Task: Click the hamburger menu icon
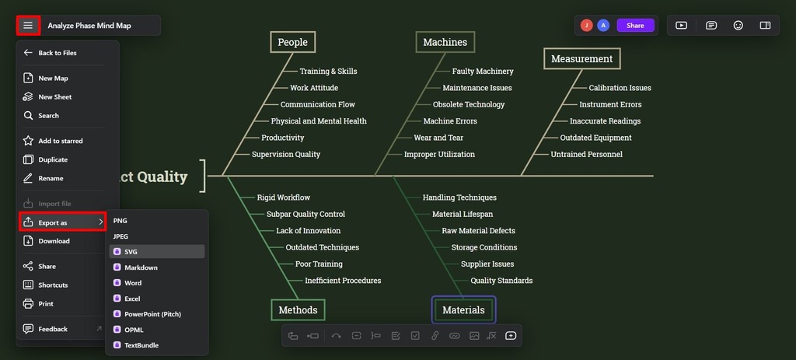[x=28, y=26]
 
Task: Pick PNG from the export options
[x=120, y=221]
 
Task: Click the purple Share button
[x=635, y=26]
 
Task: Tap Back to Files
[x=58, y=53]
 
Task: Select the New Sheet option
[x=55, y=97]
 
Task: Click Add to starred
[x=61, y=142]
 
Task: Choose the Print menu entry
[x=46, y=304]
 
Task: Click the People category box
[x=292, y=42]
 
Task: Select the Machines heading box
[x=445, y=42]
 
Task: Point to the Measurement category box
[x=581, y=59]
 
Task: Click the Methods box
[x=298, y=309]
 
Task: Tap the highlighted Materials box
[x=463, y=309]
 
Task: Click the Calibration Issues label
[x=620, y=88]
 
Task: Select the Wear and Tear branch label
[x=438, y=138]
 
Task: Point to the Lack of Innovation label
[x=308, y=230]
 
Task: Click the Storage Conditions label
[x=484, y=247]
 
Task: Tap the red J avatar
[x=587, y=26]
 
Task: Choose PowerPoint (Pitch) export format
[x=153, y=314]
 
